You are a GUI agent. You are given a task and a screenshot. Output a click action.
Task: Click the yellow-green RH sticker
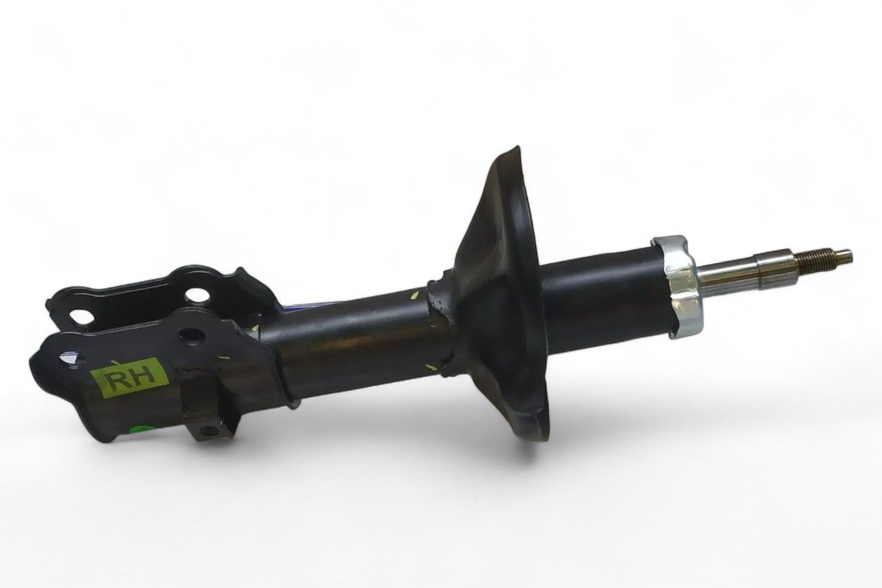(128, 378)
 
